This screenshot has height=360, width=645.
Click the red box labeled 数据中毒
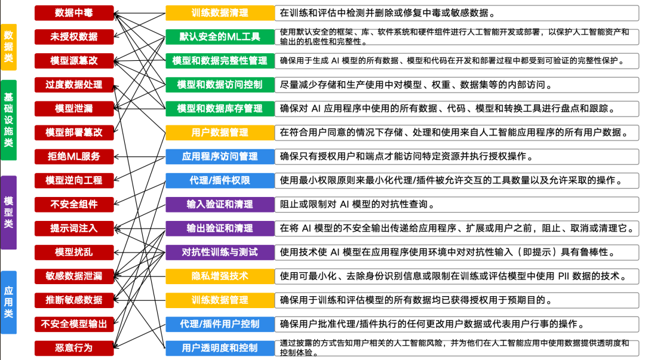(74, 13)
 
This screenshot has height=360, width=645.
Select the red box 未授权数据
(74, 36)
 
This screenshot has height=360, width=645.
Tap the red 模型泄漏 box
(74, 108)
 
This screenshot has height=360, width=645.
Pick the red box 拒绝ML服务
(74, 156)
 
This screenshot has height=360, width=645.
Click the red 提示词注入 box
(74, 228)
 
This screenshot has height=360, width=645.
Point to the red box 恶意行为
(74, 347)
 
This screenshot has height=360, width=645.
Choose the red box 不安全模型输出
(74, 324)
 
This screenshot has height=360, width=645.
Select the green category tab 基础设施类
(8, 120)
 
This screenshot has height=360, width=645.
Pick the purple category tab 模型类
(8, 213)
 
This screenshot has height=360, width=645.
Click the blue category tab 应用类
(8, 302)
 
